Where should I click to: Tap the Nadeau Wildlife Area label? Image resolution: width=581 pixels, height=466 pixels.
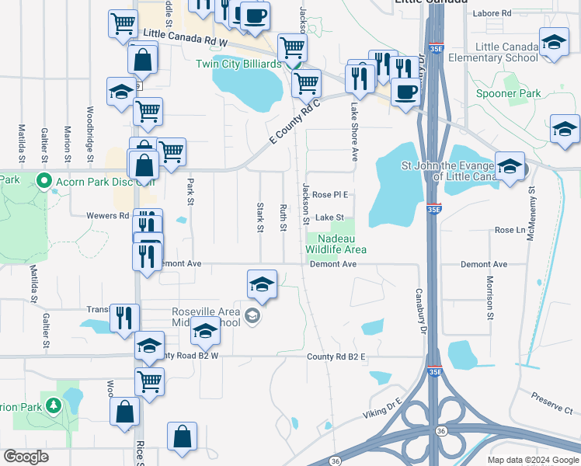coord(331,244)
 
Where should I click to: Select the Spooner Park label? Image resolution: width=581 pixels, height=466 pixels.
coord(508,94)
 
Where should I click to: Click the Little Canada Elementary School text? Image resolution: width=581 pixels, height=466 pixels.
coord(506,53)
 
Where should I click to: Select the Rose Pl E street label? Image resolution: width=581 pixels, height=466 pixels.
coord(330,194)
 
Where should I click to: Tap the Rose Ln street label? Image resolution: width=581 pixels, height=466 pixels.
coord(510,231)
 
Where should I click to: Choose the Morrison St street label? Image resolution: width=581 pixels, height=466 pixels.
coord(490,297)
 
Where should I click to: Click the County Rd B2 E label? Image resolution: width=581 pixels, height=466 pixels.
coord(336,356)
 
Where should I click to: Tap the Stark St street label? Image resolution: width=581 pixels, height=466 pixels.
coord(260,217)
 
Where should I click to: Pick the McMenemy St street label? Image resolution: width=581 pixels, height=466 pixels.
coord(531,213)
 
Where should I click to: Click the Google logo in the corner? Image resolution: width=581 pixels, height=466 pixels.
coord(26,457)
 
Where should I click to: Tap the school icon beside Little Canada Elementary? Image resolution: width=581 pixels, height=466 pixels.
coord(554,43)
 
